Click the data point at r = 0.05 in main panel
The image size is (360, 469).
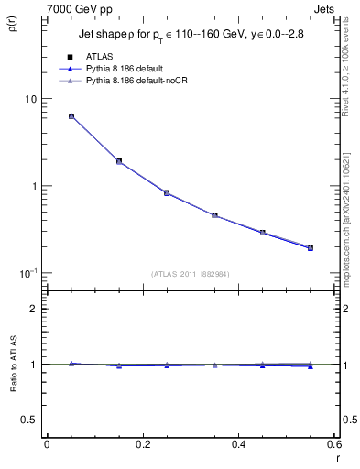coord(71,116)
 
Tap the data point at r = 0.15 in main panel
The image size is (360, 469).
coord(119,161)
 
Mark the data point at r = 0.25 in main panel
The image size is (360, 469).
coord(167,193)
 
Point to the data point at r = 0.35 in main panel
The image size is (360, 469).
coord(214,215)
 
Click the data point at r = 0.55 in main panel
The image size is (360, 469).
coord(310,247)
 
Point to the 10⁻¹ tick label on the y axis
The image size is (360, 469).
coord(27,273)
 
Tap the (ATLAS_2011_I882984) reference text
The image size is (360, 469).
coord(191,274)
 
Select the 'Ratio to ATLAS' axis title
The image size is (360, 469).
coord(13,364)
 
